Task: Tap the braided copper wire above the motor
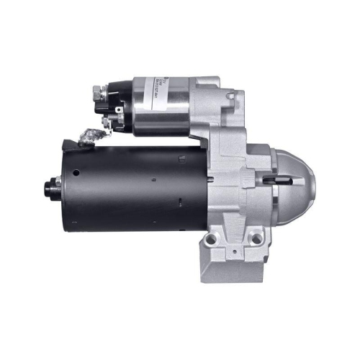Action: [x=90, y=135]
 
